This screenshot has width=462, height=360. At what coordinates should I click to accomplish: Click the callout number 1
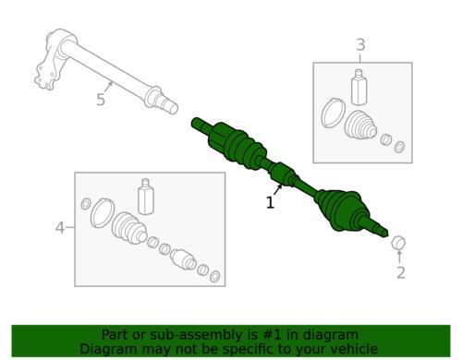270,203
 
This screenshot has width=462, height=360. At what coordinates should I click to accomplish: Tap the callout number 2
401,272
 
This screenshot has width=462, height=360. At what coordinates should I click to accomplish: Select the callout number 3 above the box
360,45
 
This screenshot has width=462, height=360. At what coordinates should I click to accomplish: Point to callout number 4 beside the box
60,228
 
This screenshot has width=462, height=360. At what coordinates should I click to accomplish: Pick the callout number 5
101,100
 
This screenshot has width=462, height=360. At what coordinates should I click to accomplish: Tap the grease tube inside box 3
359,87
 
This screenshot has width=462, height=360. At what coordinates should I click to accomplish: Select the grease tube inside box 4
146,197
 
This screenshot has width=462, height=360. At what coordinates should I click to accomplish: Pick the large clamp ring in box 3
333,113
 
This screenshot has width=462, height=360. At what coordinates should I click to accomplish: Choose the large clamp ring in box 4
103,213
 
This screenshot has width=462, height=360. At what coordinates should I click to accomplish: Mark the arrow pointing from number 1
277,189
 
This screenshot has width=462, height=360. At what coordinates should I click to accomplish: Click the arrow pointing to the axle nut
399,257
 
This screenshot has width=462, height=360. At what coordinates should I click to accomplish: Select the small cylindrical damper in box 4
183,259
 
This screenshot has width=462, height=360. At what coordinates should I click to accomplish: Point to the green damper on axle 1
281,174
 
